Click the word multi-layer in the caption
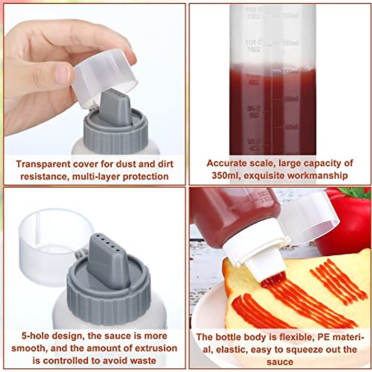click(96, 176)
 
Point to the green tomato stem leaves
click(356, 192)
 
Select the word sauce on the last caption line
click(280, 362)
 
